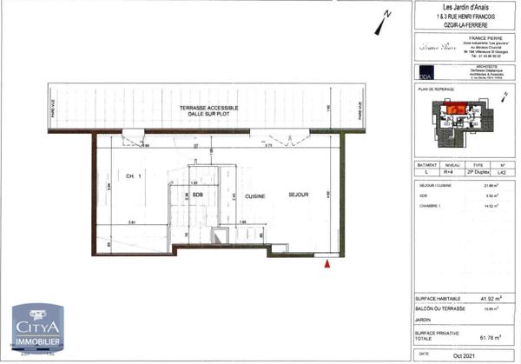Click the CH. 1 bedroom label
(x=134, y=175)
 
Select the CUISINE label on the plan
(x=254, y=195)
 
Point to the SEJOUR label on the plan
(x=297, y=195)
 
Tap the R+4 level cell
(x=453, y=174)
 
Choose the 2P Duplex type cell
(x=479, y=174)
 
